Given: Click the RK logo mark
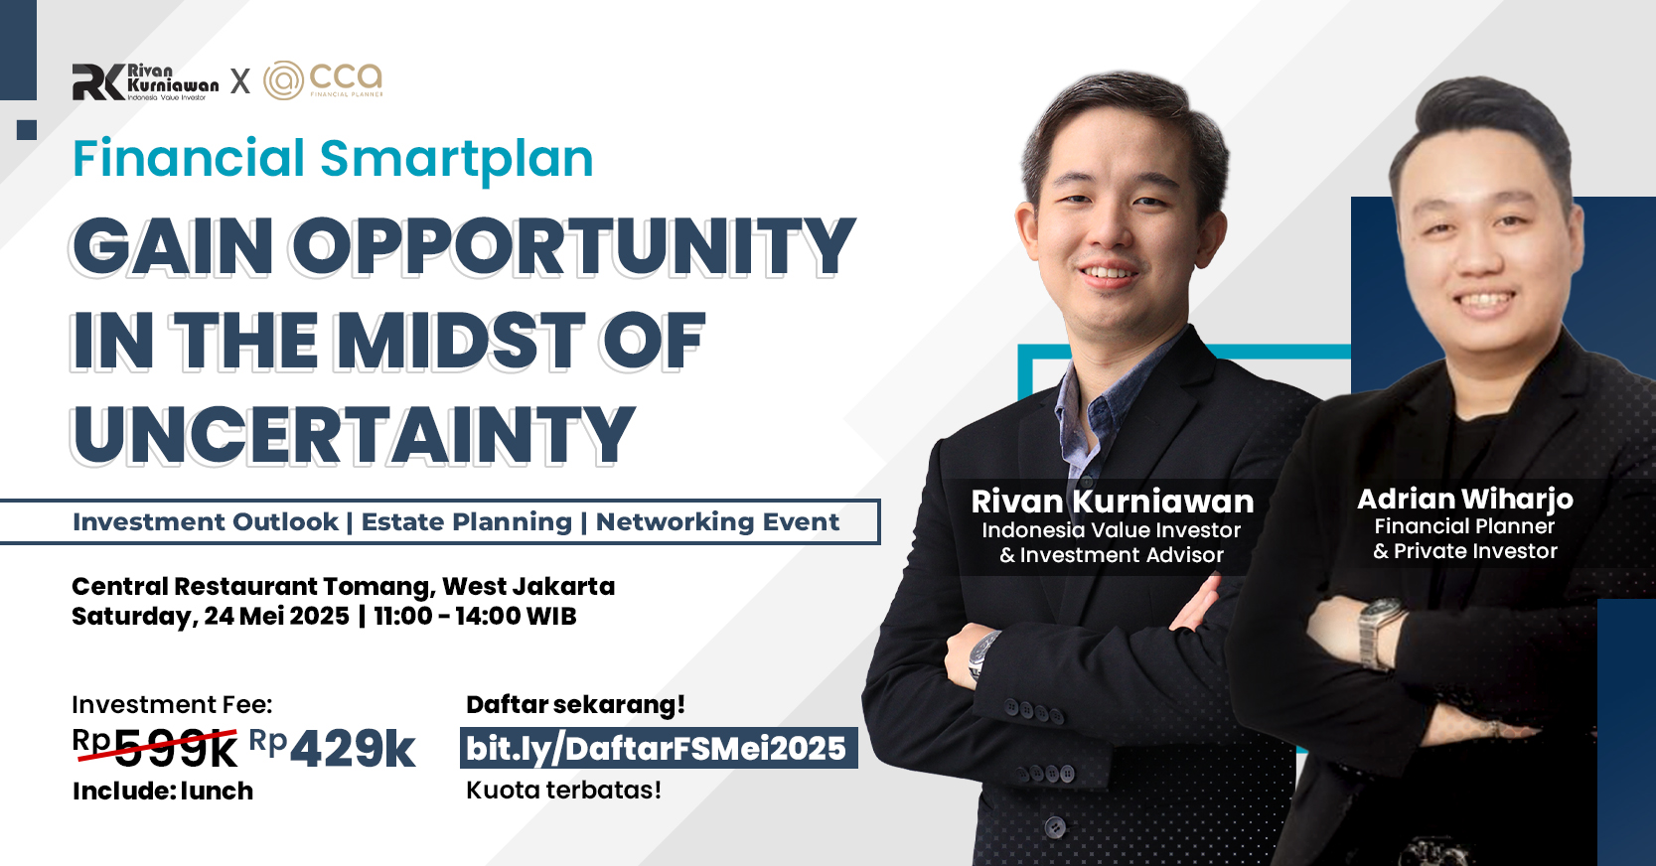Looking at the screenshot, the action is coord(98,82).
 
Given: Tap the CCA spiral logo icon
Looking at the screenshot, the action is coord(284,79).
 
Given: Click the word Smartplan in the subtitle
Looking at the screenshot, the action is coord(457,160).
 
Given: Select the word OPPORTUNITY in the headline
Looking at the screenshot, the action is coord(574,246).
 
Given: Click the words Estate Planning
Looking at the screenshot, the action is coord(467,521).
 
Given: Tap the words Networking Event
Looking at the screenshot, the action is coord(718,521).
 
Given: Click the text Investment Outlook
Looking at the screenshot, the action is coord(206,521).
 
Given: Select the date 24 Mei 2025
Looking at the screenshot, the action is coord(276,617).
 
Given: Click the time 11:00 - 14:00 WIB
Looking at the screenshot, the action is coord(476,617).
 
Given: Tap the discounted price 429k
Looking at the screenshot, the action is coord(353,749).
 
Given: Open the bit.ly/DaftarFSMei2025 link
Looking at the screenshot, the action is coord(658,748).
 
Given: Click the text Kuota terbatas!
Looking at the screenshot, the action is coord(563,790).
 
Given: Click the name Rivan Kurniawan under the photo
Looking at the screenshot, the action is coord(1112,502).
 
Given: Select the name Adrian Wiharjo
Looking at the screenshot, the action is coord(1465,500).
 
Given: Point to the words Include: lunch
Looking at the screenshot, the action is coord(163,791).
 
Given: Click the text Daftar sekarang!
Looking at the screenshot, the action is coord(575,705).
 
